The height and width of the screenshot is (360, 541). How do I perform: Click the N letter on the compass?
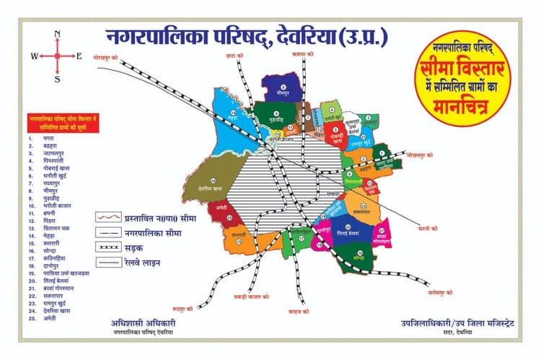(58, 34)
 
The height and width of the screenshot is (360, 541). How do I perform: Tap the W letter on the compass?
(34, 56)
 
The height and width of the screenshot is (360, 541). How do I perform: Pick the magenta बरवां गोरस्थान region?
(382, 236)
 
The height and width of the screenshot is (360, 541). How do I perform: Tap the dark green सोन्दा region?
(359, 256)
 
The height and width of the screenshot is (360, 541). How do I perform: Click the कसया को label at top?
(303, 53)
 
